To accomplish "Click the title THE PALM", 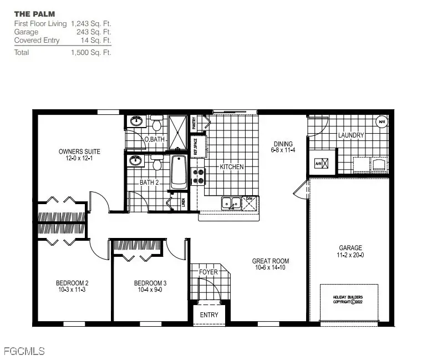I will (34, 13).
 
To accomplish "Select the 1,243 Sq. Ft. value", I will (91, 24).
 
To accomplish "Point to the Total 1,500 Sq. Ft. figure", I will (91, 53).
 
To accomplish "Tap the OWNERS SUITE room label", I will (79, 151).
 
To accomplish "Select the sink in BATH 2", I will (134, 161).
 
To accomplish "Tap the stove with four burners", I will (198, 176).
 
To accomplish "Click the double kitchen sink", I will (230, 204).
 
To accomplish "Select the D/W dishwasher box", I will (250, 204).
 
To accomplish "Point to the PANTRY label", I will (195, 123).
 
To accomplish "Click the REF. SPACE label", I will (195, 145).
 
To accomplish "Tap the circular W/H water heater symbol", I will (382, 121).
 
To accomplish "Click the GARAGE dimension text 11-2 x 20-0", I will (350, 256).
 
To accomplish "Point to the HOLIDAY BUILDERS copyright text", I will (349, 300).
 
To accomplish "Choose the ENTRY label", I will (210, 315).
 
